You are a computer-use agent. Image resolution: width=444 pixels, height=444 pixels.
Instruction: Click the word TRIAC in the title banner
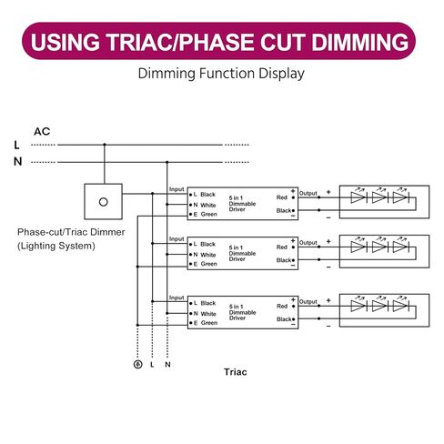[138, 42]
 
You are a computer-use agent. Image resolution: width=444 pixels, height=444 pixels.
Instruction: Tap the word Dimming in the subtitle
[166, 74]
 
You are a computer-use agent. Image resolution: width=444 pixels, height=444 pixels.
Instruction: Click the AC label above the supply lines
[42, 132]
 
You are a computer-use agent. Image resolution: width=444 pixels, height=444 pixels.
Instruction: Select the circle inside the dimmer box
[104, 202]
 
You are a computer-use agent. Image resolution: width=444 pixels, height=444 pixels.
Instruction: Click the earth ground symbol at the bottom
[137, 364]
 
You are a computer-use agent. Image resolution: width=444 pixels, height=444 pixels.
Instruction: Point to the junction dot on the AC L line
[105, 145]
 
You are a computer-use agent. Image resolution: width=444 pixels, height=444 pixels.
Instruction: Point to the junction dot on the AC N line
[166, 162]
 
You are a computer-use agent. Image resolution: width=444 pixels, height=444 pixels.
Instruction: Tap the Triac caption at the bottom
[236, 372]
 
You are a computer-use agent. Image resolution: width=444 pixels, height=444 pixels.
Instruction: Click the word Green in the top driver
[209, 214]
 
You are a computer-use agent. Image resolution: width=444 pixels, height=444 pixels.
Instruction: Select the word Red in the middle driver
[282, 247]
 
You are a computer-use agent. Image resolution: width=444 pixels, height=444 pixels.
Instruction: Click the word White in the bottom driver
[208, 314]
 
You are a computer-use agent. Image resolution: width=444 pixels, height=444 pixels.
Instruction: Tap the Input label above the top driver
[177, 189]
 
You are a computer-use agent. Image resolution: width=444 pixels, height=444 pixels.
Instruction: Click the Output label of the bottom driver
[308, 302]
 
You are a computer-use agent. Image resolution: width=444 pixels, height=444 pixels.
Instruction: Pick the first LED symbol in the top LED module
[358, 197]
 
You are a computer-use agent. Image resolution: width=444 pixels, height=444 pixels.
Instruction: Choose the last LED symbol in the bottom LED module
[401, 306]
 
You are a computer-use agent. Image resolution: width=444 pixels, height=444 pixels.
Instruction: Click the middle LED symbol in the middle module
[380, 247]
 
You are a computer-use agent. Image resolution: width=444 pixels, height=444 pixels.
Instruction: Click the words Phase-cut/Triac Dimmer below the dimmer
[71, 232]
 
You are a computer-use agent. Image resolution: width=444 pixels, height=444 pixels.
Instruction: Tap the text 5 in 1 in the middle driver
[236, 247]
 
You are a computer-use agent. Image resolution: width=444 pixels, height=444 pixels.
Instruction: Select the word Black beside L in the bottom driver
[208, 303]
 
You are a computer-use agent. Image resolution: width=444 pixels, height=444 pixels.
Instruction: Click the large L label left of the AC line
[16, 145]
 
